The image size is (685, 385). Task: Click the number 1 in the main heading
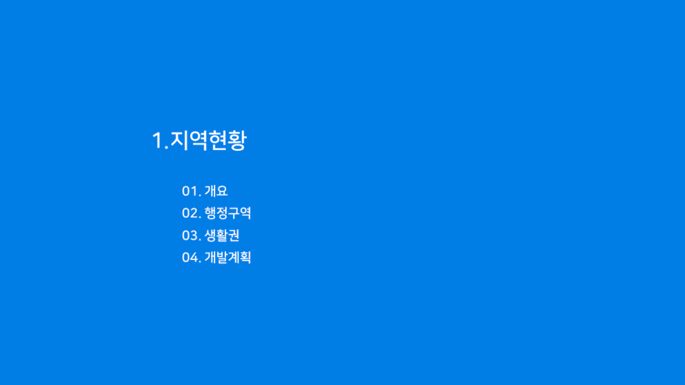click(x=158, y=141)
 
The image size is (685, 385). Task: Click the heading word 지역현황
click(x=208, y=140)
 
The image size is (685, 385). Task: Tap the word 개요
click(x=216, y=191)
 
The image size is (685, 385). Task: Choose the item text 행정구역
click(x=228, y=213)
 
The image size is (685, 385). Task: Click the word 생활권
click(x=222, y=235)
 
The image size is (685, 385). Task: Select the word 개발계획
click(x=228, y=257)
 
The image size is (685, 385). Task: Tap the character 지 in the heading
click(x=179, y=140)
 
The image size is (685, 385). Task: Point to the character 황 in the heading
click(x=237, y=140)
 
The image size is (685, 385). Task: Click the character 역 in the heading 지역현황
click(x=198, y=140)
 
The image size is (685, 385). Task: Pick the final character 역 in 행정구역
click(x=245, y=213)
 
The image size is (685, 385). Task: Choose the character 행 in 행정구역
click(x=210, y=213)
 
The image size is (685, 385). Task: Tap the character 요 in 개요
click(x=222, y=191)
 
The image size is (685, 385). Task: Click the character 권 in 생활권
click(x=234, y=235)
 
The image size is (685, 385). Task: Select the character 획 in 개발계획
click(x=245, y=257)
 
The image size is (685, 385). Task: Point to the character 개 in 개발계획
click(x=210, y=257)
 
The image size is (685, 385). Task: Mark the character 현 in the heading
click(x=218, y=140)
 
